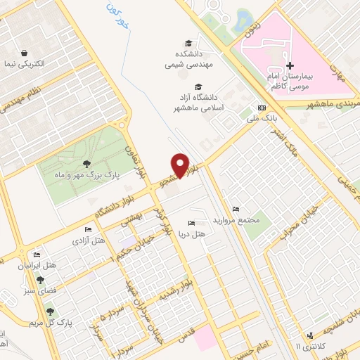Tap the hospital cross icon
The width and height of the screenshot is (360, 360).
click(x=289, y=65)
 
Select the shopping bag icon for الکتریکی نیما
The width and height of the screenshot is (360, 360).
click(x=25, y=53)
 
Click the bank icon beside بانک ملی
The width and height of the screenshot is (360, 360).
click(x=262, y=108)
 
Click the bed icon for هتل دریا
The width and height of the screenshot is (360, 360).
click(x=192, y=224)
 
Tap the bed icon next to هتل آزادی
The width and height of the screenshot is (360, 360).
click(x=87, y=230)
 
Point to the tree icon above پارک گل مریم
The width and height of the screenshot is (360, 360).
click(x=50, y=311)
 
